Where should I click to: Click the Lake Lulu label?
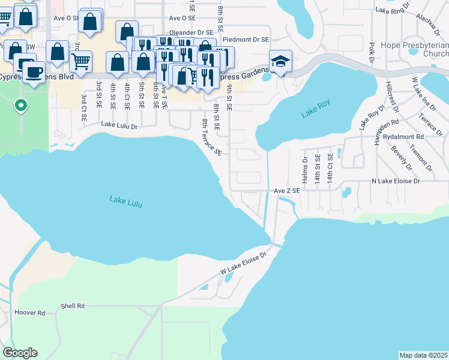click(126, 202)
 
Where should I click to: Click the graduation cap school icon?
click(280, 61)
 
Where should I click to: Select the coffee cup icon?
click(34, 73)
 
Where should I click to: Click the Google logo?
click(20, 353)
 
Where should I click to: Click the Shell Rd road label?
click(73, 306)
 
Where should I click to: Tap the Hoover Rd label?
click(29, 313)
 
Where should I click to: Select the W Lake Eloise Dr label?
click(243, 263)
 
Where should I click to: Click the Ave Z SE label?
click(286, 190)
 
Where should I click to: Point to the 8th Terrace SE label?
click(211, 137)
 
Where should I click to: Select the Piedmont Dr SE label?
click(246, 39)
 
